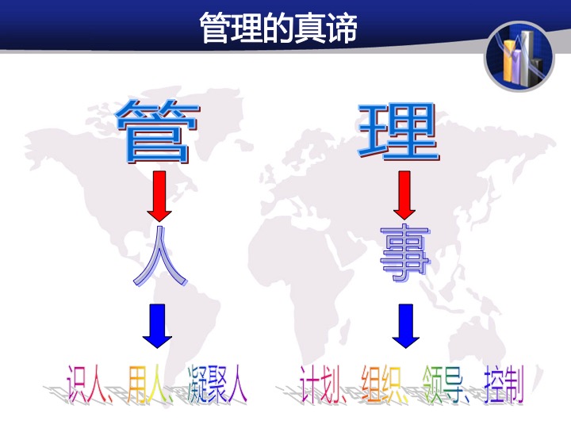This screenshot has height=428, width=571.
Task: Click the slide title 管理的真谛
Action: [278, 28]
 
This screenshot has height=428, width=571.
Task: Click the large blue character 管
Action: [157, 131]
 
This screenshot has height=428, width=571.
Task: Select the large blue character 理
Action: [398, 132]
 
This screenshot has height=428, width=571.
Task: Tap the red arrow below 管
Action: [159, 197]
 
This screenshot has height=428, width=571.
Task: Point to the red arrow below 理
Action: [404, 195]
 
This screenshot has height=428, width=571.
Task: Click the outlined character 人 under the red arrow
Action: [160, 256]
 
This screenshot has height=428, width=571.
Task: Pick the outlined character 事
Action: [405, 253]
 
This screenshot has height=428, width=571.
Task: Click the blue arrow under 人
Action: [157, 326]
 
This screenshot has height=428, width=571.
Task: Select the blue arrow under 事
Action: [406, 326]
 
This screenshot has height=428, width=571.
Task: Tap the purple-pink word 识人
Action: [86, 384]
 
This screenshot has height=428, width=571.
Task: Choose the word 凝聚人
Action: [217, 384]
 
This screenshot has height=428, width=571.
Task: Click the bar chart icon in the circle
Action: [519, 56]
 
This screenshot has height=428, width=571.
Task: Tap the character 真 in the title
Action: [309, 28]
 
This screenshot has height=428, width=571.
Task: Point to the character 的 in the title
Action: [278, 28]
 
